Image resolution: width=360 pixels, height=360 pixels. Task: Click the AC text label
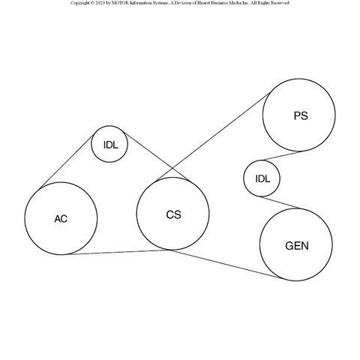[x=61, y=219]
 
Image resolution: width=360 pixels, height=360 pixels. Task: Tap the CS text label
[x=173, y=214]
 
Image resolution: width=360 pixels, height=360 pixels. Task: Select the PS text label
[x=301, y=115]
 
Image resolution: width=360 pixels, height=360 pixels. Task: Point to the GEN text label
[x=297, y=246]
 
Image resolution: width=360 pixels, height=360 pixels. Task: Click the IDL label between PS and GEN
[x=262, y=178]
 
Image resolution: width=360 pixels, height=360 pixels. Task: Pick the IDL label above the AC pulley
[x=110, y=145]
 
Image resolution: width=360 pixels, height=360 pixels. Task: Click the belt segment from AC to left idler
[x=67, y=161]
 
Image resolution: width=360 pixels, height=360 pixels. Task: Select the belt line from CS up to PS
[x=213, y=136]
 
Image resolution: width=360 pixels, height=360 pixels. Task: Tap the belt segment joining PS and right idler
[x=282, y=155]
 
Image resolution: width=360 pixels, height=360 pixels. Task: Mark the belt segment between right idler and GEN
[x=280, y=202]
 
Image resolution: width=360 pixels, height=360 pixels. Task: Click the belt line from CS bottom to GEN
[x=225, y=264]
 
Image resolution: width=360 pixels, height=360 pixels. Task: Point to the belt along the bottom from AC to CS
[x=119, y=252]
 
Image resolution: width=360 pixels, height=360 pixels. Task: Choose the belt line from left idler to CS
[x=157, y=156]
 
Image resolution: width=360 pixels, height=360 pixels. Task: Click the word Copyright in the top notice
[x=79, y=3]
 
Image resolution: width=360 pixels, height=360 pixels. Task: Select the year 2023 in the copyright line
[x=100, y=3]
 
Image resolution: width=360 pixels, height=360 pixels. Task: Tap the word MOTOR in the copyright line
[x=119, y=3]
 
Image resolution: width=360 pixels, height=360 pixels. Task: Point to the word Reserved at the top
[x=280, y=3]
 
